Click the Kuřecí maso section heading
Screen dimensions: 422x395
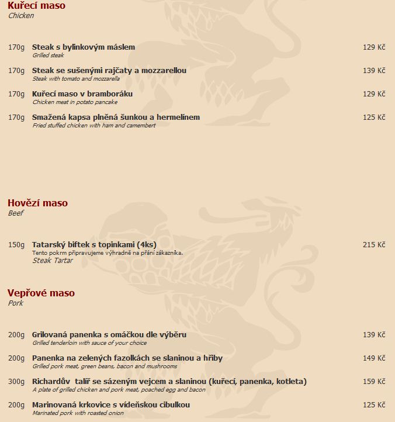click(36, 6)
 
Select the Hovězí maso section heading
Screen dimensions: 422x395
click(37, 203)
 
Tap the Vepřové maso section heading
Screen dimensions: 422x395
click(41, 293)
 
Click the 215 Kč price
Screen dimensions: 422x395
click(374, 245)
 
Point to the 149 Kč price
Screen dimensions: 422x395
click(374, 358)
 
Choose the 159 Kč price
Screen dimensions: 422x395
click(374, 382)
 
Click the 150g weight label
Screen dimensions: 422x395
click(16, 245)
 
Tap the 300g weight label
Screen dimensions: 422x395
click(16, 382)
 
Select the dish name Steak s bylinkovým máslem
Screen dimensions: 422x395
click(84, 47)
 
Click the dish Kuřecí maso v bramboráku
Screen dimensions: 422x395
click(82, 94)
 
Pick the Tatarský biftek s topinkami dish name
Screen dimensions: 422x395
click(94, 245)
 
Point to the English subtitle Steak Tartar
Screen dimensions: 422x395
click(53, 261)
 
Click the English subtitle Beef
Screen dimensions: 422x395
click(16, 213)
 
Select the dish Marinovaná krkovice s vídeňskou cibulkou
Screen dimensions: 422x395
click(111, 405)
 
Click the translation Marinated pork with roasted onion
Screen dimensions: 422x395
click(78, 413)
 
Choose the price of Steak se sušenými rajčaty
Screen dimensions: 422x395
click(374, 71)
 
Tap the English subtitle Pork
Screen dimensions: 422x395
click(15, 303)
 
